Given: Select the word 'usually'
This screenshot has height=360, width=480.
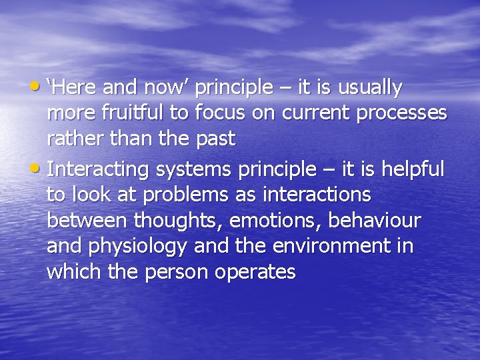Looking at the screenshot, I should pos(371,87).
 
